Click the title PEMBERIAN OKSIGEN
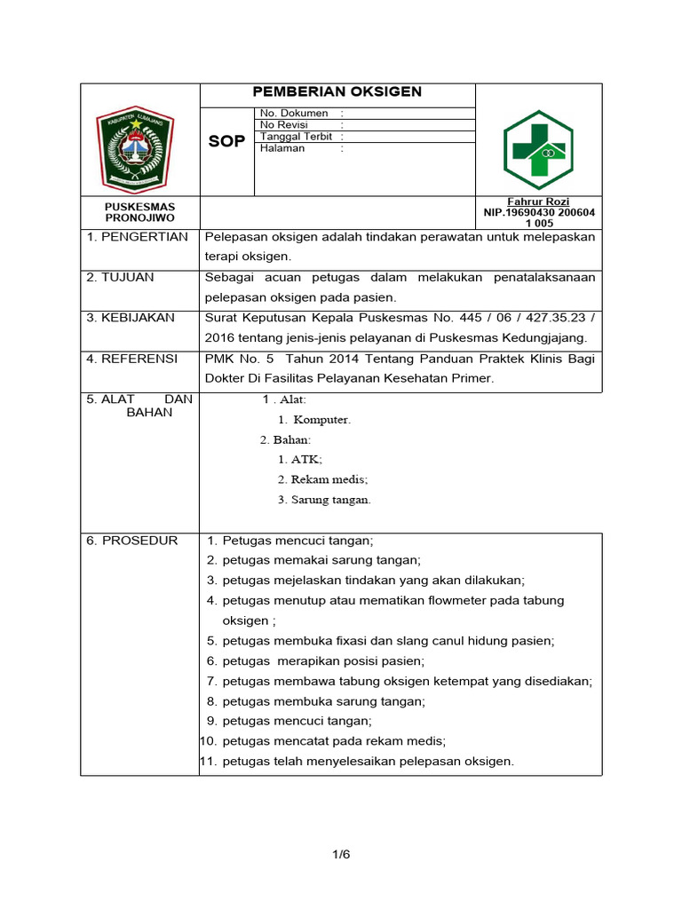click(x=337, y=92)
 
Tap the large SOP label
click(x=226, y=142)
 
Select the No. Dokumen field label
click(x=294, y=114)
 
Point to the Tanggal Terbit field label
click(x=296, y=137)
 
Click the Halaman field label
click(x=282, y=148)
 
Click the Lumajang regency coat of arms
click(x=136, y=146)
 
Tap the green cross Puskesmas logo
click(x=538, y=144)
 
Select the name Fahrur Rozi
click(x=538, y=202)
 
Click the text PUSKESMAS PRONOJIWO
click(x=140, y=212)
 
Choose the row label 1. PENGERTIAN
click(x=137, y=237)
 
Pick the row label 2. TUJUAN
click(x=120, y=278)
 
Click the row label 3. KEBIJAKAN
click(x=131, y=318)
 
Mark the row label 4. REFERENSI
click(x=131, y=359)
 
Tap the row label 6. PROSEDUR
click(x=131, y=541)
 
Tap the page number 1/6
click(x=342, y=855)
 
